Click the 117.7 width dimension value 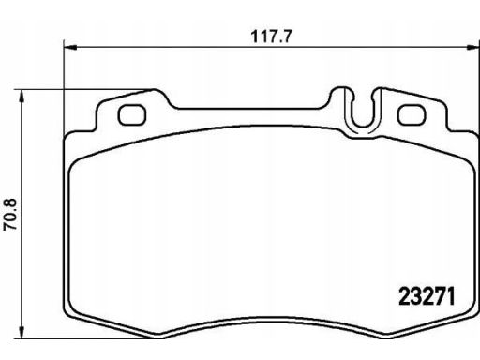[271, 37]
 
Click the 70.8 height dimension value [10, 215]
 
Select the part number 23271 [427, 296]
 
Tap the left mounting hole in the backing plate [131, 114]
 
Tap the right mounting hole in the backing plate [412, 114]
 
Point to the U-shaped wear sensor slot [363, 125]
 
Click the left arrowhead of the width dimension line [70, 48]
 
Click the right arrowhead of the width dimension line [472, 48]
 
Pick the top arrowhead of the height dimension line [22, 96]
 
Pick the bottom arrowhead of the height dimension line [22, 332]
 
